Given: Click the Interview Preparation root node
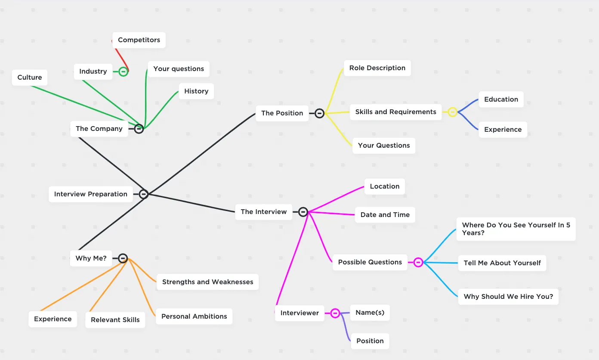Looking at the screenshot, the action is [91, 194].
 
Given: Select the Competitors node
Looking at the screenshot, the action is [139, 40].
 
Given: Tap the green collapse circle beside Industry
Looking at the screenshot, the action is [123, 71].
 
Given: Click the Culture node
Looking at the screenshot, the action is [30, 78].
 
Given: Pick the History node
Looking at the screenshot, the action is [196, 91].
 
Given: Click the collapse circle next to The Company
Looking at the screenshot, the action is [139, 129].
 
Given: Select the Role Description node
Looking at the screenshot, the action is [377, 68].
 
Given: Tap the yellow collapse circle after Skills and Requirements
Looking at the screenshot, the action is [452, 112].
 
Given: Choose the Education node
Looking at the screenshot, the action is [501, 99].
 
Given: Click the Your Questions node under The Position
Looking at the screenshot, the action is [384, 146].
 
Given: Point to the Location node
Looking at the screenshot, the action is [385, 186].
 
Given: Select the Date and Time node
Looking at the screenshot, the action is [385, 214].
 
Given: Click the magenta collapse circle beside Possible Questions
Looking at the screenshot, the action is [418, 262].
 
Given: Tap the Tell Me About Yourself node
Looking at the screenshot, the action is [502, 263].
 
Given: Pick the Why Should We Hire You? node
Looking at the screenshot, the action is [508, 297].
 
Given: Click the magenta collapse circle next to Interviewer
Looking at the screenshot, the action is [335, 313].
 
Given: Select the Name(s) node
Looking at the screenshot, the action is [370, 313].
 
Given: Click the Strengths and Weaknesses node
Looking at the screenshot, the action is [207, 282].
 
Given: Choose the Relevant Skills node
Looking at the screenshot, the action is [115, 320].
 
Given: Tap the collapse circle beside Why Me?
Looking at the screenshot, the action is [123, 258].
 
